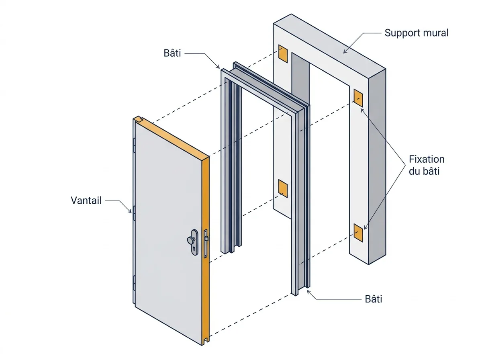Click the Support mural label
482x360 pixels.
[x=416, y=33]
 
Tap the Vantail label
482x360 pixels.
[x=86, y=200]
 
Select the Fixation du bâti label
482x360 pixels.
[x=427, y=165]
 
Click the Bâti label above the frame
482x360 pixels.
[x=172, y=53]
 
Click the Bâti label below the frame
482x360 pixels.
[x=374, y=299]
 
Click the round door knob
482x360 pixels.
[x=191, y=239]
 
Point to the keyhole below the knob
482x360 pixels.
[x=194, y=249]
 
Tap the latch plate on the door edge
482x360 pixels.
[x=206, y=243]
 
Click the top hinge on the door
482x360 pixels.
[x=134, y=145]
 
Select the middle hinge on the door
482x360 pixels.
[x=134, y=213]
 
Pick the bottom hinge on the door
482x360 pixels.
[x=134, y=283]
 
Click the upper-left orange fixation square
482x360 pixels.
[x=283, y=54]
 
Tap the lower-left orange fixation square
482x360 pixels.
[x=283, y=188]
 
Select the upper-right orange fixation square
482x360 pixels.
[x=358, y=98]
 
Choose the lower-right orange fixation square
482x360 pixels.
[x=358, y=233]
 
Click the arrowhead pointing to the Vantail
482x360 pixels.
[x=130, y=211]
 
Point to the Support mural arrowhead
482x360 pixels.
[x=345, y=51]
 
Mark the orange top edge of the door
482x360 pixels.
[x=172, y=139]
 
